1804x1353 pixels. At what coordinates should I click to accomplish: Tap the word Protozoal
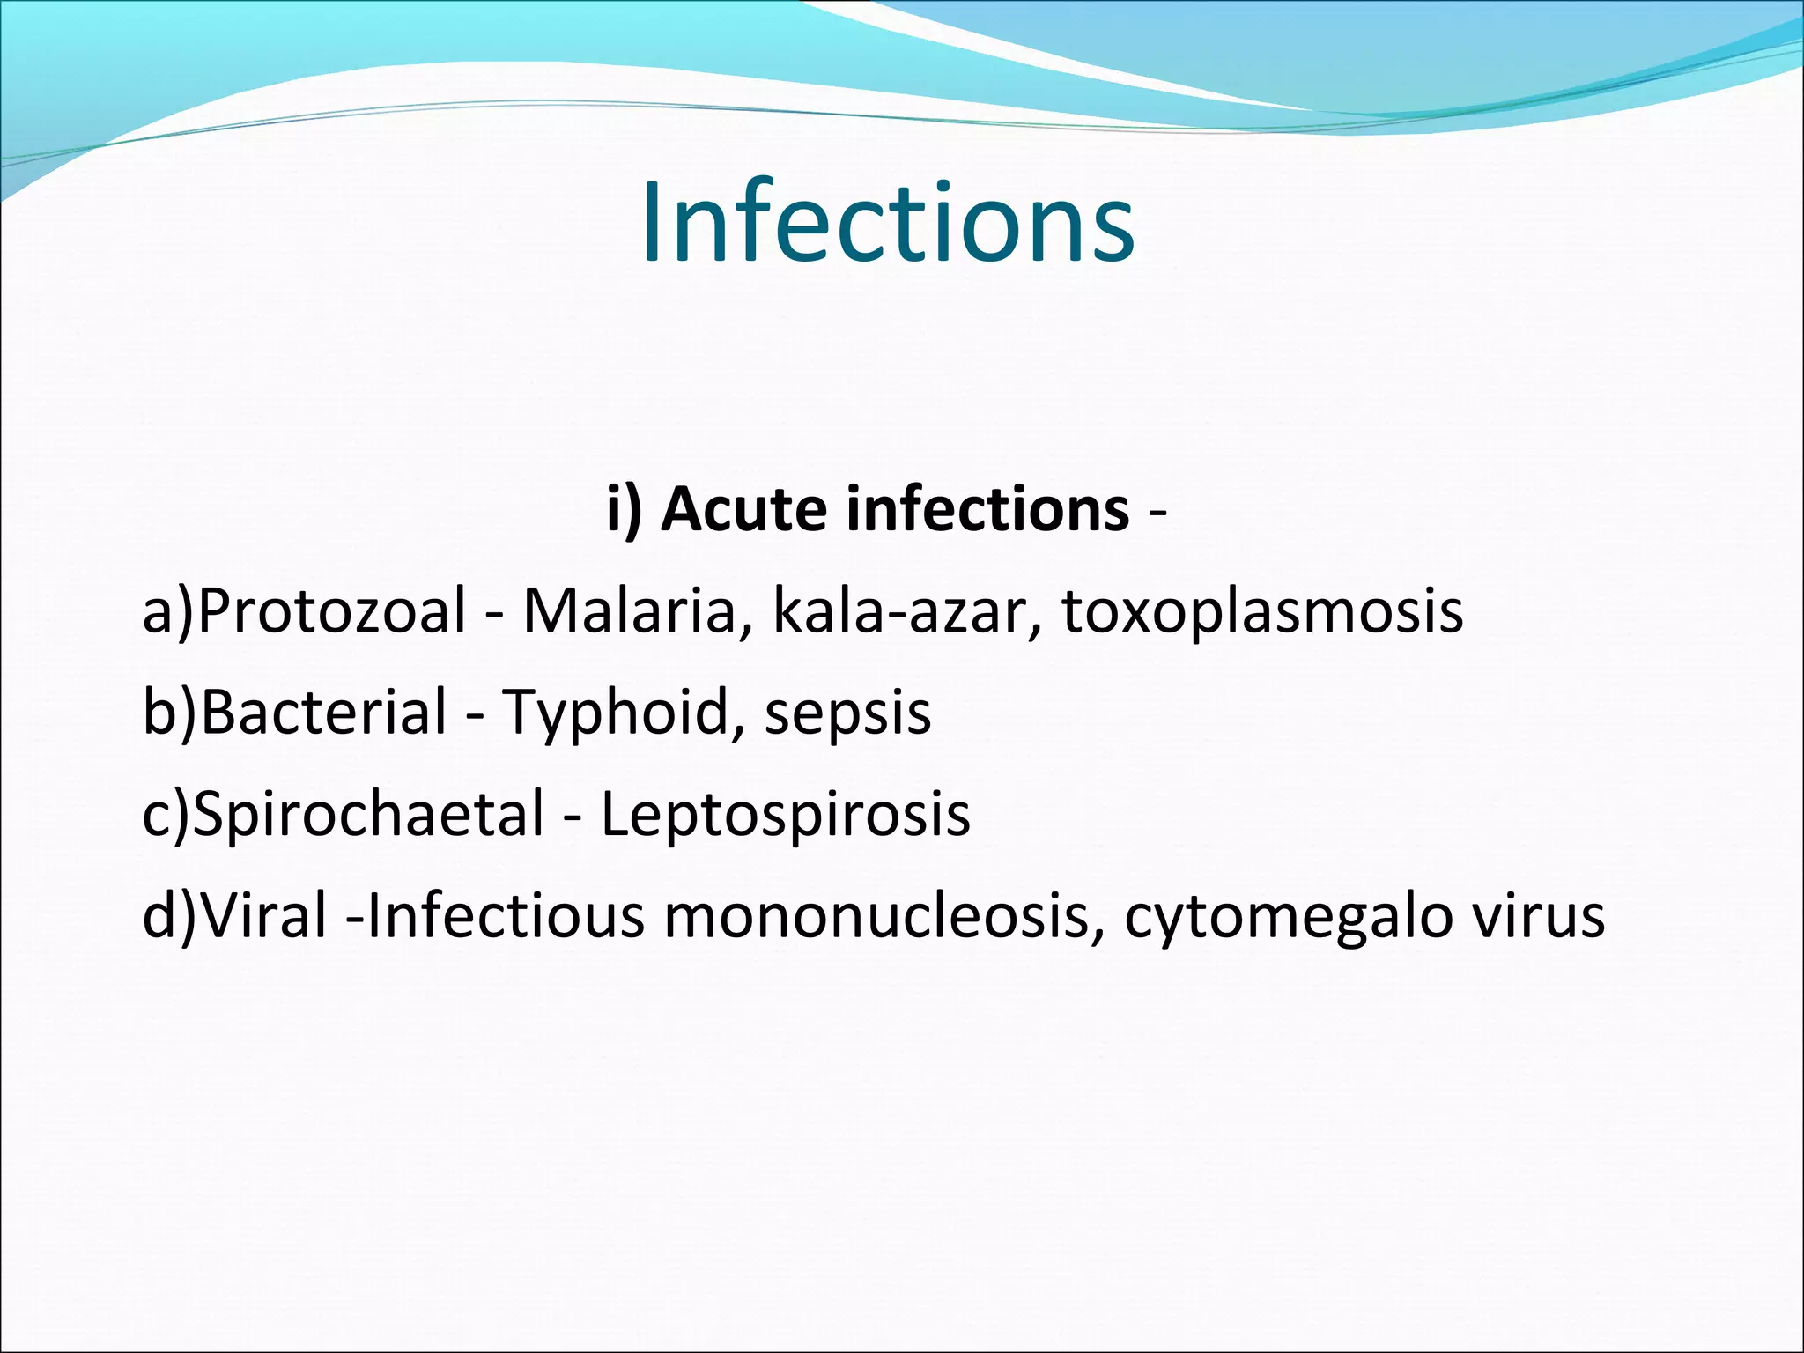click(x=331, y=611)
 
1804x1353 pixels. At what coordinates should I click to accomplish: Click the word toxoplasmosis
click(x=1262, y=611)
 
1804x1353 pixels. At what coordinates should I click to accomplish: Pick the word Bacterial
click(x=324, y=713)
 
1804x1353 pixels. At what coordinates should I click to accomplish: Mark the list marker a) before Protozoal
click(x=167, y=611)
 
